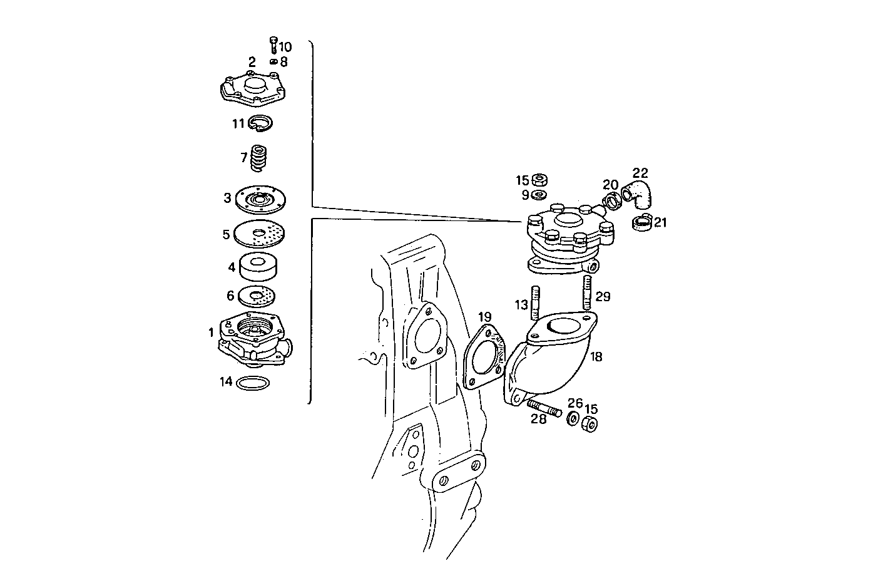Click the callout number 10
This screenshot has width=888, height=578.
pyautogui.click(x=285, y=47)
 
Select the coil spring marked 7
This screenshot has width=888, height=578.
pyautogui.click(x=258, y=158)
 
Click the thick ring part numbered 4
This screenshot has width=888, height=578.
pyautogui.click(x=258, y=267)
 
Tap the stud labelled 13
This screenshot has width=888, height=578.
pyautogui.click(x=536, y=302)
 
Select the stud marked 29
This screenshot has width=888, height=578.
pyautogui.click(x=588, y=292)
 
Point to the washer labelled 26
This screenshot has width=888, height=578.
pyautogui.click(x=573, y=418)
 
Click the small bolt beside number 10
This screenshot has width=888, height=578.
pyautogui.click(x=273, y=44)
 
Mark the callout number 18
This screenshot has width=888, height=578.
pyautogui.click(x=596, y=357)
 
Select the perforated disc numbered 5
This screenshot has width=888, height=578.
pyautogui.click(x=259, y=235)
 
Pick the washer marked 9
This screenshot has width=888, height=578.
pyautogui.click(x=538, y=195)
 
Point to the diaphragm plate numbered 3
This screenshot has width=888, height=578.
pyautogui.click(x=260, y=199)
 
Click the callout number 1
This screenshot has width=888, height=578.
pyautogui.click(x=212, y=333)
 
